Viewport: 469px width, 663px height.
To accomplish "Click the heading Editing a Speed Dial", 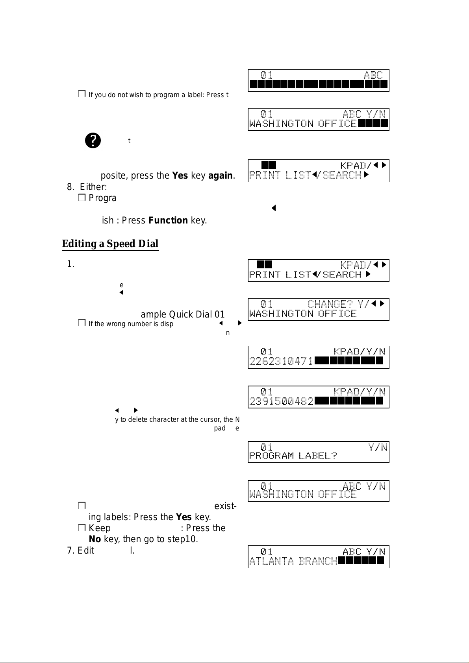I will [110, 244].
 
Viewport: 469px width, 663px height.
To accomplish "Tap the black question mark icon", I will [93, 140].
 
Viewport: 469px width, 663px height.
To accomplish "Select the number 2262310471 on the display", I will [281, 361].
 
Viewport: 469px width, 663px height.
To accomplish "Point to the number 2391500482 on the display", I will [281, 401].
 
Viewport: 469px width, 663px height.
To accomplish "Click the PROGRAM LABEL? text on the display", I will [293, 456].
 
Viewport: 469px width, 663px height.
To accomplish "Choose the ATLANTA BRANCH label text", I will [293, 561].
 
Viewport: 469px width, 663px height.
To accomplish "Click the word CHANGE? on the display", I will [330, 304].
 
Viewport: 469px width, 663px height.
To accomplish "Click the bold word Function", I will [168, 220].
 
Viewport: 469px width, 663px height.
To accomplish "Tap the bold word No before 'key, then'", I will [95, 539].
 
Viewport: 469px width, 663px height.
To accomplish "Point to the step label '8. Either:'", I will [87, 187].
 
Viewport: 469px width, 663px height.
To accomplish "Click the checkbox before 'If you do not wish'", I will [82, 94].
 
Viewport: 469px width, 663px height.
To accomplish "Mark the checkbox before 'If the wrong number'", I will [82, 323].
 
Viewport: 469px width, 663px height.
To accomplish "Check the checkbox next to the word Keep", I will [82, 528].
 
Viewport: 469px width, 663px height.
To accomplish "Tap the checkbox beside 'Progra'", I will [82, 198].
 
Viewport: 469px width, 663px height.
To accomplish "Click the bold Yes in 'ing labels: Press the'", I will [184, 517].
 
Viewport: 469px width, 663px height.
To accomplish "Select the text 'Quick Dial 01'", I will [197, 314].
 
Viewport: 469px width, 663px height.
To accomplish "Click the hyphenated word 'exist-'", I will [225, 506].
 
